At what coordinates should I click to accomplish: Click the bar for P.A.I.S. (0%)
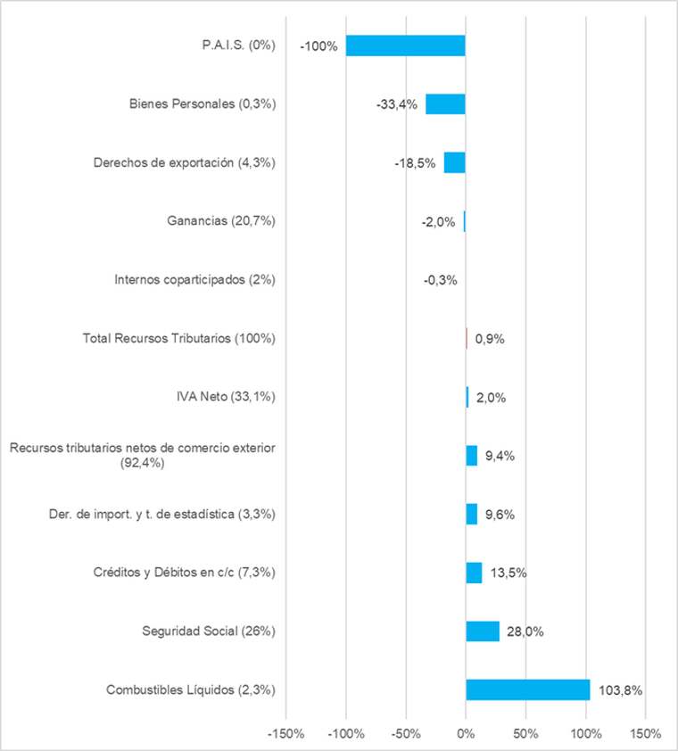406,45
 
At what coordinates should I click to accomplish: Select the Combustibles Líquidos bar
527,689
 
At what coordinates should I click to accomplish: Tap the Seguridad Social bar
483,631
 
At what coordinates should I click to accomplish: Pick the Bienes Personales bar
445,103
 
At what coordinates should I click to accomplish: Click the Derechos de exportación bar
455,162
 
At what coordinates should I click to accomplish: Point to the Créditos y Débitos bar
474,573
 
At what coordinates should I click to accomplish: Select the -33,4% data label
397,104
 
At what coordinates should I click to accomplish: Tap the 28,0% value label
526,632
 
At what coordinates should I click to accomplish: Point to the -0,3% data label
441,280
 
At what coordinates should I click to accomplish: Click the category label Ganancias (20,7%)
221,221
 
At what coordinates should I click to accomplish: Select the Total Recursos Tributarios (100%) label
178,339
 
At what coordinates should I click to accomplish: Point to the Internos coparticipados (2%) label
194,280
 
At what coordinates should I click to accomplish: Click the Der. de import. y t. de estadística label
161,515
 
